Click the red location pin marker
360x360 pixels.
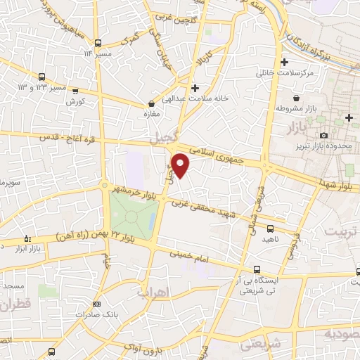[x=181, y=165]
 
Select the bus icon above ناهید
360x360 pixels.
[x=271, y=228]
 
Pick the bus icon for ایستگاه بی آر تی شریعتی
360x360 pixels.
[x=257, y=269]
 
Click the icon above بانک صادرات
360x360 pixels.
[x=96, y=304]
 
